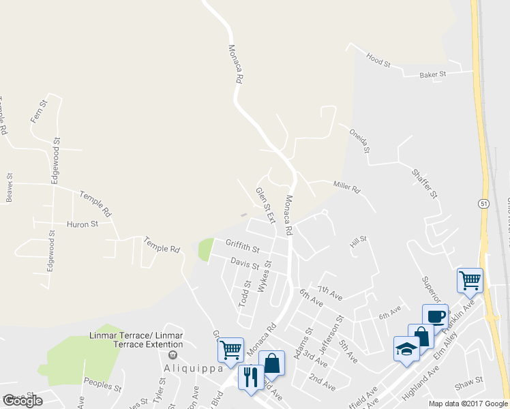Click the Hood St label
(x=378, y=60)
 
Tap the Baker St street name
(x=432, y=74)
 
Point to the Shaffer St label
(x=423, y=183)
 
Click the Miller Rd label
(x=346, y=186)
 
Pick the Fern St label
(x=39, y=111)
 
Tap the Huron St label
(x=82, y=224)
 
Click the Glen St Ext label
(x=265, y=205)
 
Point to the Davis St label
(x=244, y=262)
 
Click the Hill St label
(x=359, y=240)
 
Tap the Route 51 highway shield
(x=483, y=203)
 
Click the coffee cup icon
(x=435, y=316)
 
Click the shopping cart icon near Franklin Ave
(x=470, y=279)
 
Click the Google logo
(x=22, y=401)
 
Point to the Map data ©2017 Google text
(x=468, y=404)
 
